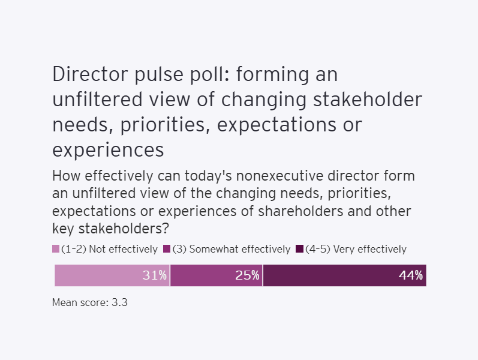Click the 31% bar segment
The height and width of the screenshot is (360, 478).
[x=112, y=275]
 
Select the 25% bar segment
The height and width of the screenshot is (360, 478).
[x=217, y=275]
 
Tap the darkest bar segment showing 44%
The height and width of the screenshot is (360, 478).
[x=344, y=275]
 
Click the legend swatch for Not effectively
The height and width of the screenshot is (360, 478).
[x=56, y=249]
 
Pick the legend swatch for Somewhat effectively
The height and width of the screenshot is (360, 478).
[x=167, y=249]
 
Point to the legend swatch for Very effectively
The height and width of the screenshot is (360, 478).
[x=300, y=249]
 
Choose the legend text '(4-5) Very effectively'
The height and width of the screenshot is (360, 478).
[x=356, y=249]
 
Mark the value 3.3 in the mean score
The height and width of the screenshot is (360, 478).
[x=120, y=302]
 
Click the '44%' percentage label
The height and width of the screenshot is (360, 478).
[x=411, y=275]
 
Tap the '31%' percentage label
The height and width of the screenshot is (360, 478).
[x=154, y=275]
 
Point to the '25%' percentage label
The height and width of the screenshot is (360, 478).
[x=247, y=275]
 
